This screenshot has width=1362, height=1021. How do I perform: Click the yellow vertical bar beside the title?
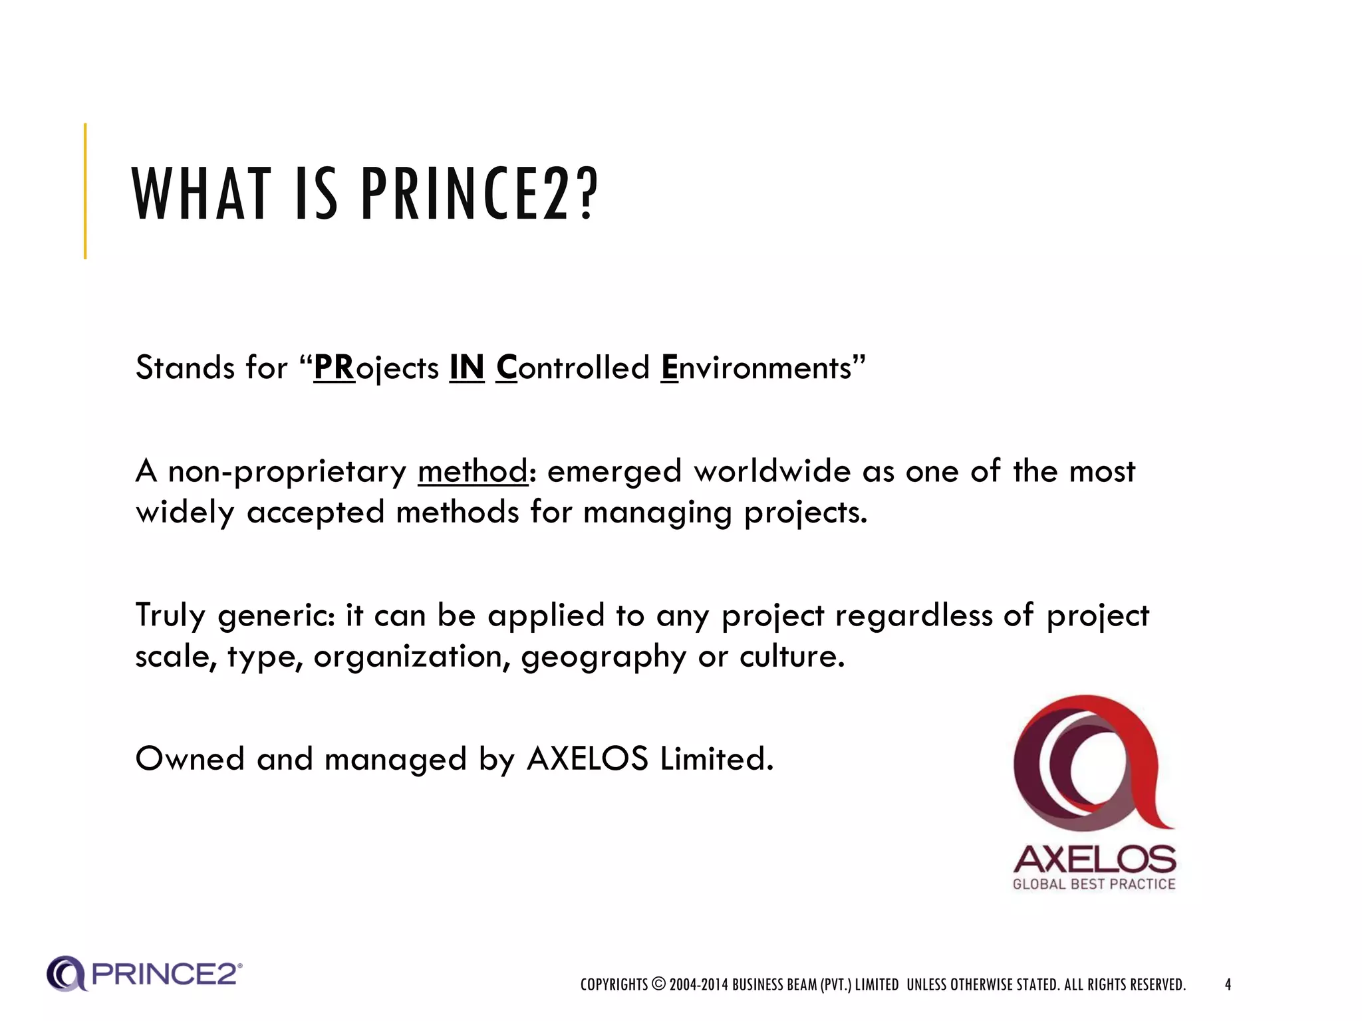(85, 191)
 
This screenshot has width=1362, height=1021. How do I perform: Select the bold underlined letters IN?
(466, 368)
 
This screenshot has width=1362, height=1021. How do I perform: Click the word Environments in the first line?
(757, 368)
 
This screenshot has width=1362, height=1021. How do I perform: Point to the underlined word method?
(473, 471)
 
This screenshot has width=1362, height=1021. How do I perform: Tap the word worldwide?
(772, 471)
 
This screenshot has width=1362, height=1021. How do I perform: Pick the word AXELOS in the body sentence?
(587, 758)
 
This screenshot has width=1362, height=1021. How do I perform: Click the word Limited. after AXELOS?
(716, 758)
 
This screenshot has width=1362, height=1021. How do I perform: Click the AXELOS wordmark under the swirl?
(1094, 859)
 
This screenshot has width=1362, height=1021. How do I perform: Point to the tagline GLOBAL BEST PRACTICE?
(1094, 884)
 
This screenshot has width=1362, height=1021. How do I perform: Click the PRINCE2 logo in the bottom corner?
(144, 974)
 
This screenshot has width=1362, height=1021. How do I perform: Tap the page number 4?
(1228, 984)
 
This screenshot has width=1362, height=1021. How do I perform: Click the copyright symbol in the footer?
(658, 984)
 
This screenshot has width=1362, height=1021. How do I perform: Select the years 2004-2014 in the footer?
(698, 984)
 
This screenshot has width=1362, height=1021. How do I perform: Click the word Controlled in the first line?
(573, 368)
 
